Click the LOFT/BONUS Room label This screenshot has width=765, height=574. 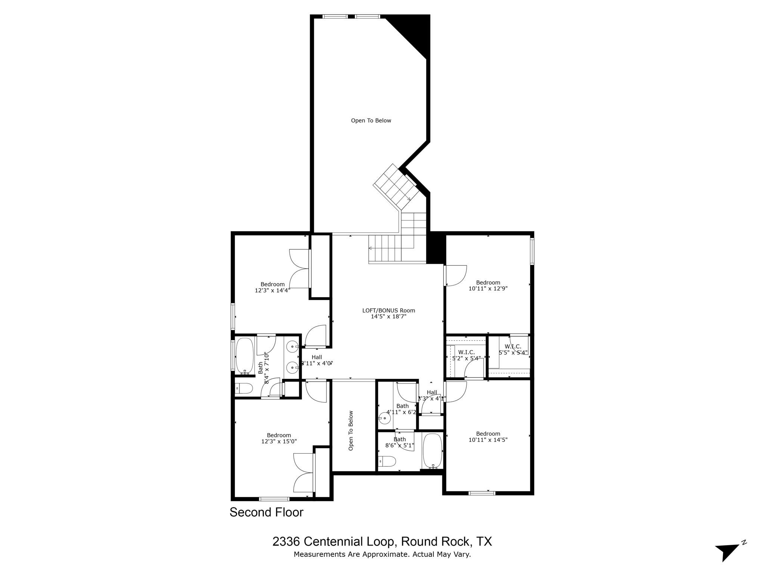388,311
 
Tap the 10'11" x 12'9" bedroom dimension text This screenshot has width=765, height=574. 488,288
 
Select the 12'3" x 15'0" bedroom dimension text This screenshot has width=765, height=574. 279,441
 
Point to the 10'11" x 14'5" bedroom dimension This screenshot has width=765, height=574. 488,440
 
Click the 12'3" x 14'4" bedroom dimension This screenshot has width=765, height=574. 272,290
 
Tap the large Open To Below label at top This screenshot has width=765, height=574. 371,121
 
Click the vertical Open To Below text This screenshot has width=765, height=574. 351,430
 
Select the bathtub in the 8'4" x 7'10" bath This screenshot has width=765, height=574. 245,355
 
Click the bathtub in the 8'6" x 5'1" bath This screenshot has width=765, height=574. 433,451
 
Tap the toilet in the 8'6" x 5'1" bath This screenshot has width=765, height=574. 387,462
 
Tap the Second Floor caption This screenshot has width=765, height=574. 266,512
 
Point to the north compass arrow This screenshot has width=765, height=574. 726,552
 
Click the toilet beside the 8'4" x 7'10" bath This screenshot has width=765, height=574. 245,389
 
